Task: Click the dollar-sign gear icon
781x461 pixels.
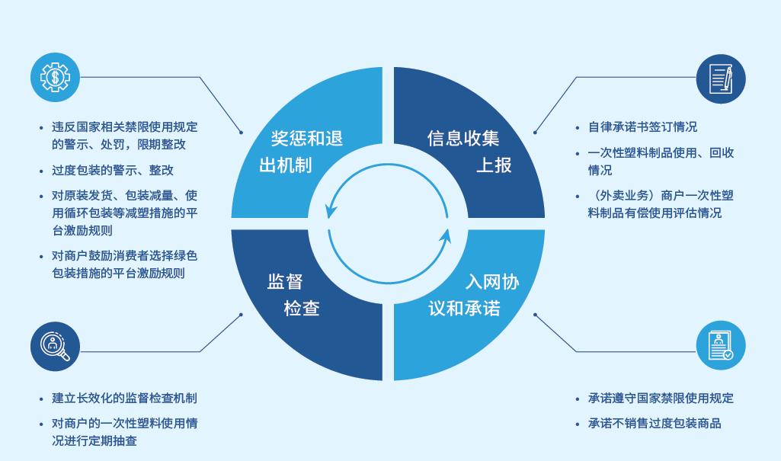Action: [x=55, y=77]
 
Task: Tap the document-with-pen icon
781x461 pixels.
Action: [x=721, y=78]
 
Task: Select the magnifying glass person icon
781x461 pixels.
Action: [x=55, y=346]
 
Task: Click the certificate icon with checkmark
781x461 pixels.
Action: [x=721, y=345]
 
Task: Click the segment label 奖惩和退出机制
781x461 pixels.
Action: [x=301, y=152]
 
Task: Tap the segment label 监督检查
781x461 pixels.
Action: [x=293, y=295]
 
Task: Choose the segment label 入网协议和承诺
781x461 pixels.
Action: [x=474, y=295]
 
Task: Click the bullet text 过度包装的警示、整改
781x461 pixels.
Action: [x=113, y=170]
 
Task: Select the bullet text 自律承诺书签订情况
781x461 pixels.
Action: [x=642, y=127]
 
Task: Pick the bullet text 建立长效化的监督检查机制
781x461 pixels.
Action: [x=124, y=399]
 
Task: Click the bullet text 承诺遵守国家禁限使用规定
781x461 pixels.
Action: [x=661, y=399]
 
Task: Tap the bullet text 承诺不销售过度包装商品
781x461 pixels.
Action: [x=655, y=424]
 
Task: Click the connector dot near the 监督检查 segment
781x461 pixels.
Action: [x=241, y=315]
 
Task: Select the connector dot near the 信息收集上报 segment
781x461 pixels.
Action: [x=535, y=133]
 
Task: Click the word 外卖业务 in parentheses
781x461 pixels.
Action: [x=625, y=196]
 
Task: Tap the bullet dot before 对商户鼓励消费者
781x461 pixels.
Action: [x=41, y=257]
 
